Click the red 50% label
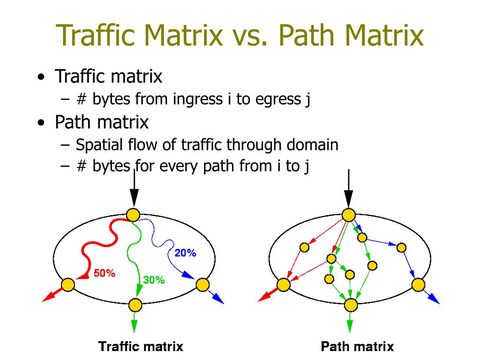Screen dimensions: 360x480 coord(105,273)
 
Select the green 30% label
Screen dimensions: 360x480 coord(154,280)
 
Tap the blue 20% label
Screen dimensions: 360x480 coord(185,253)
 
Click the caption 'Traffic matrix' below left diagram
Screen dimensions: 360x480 coord(141,347)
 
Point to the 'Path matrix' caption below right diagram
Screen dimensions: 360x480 coord(357,347)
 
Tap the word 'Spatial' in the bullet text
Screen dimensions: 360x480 coord(99,145)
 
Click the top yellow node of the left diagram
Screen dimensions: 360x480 coord(134,215)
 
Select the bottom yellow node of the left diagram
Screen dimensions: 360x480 coord(135,305)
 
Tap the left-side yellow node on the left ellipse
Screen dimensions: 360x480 coord(68,285)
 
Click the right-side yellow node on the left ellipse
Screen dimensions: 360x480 coord(202,285)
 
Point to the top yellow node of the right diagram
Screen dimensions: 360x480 coord(348,215)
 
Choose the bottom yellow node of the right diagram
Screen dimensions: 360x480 coord(351,305)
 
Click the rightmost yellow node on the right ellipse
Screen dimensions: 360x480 coord(418,285)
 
